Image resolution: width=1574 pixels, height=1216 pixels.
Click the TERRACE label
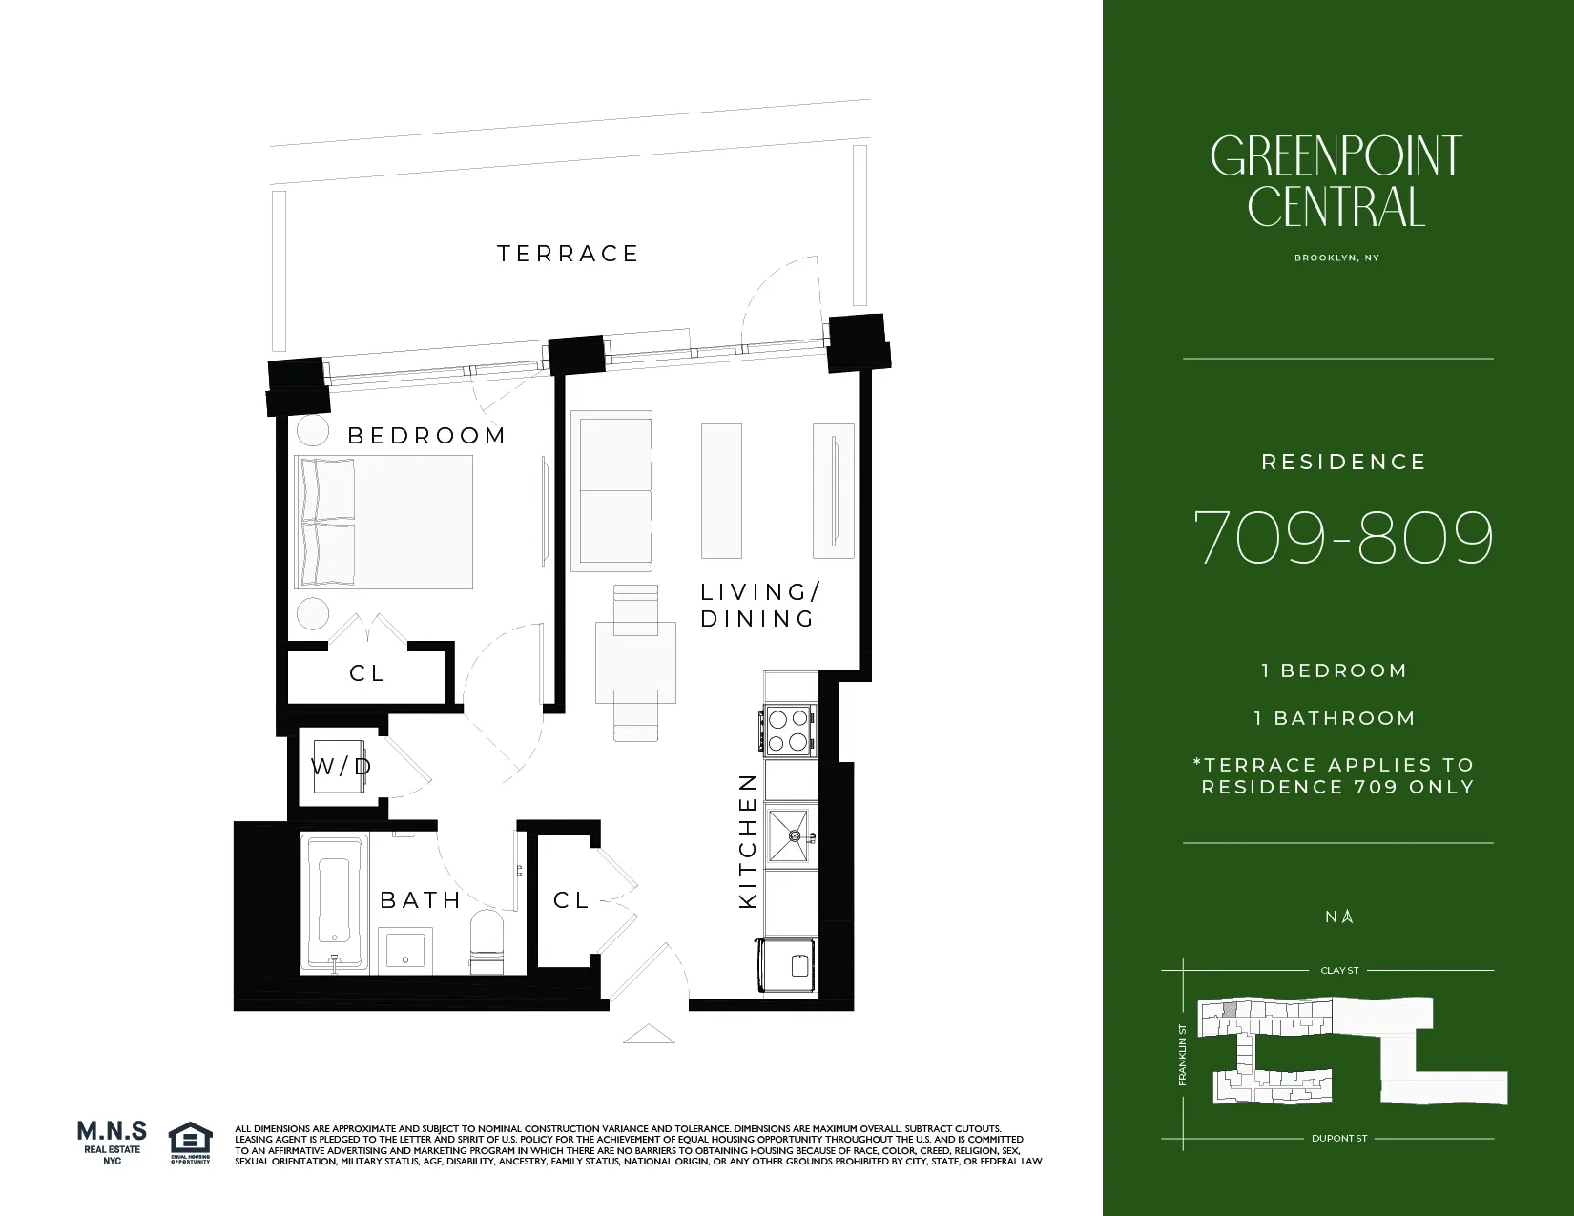pos(568,254)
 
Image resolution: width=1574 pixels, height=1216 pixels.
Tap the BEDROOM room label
pos(426,436)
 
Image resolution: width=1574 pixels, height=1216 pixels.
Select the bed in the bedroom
pos(384,522)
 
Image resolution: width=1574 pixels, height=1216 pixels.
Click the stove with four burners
pos(788,730)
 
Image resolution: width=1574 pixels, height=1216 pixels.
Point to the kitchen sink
pos(790,835)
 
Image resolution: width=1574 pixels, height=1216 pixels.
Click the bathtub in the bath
pos(334,902)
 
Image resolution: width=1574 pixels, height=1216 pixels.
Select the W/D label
pos(340,767)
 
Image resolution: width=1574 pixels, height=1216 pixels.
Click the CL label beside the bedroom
pos(367,673)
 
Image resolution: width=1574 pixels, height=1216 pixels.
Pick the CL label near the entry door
pos(570,900)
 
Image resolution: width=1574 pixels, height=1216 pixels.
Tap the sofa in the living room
pos(611,491)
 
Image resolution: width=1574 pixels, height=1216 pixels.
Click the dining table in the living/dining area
pos(635,662)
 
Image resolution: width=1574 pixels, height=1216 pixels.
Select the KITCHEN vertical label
pos(748,840)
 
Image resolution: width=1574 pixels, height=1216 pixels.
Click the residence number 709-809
pos(1342,537)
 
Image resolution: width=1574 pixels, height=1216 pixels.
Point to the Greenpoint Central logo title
pos(1336,180)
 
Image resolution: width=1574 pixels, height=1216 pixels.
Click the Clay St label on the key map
pos(1338,971)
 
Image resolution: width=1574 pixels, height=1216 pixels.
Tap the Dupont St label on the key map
pos(1338,1139)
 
